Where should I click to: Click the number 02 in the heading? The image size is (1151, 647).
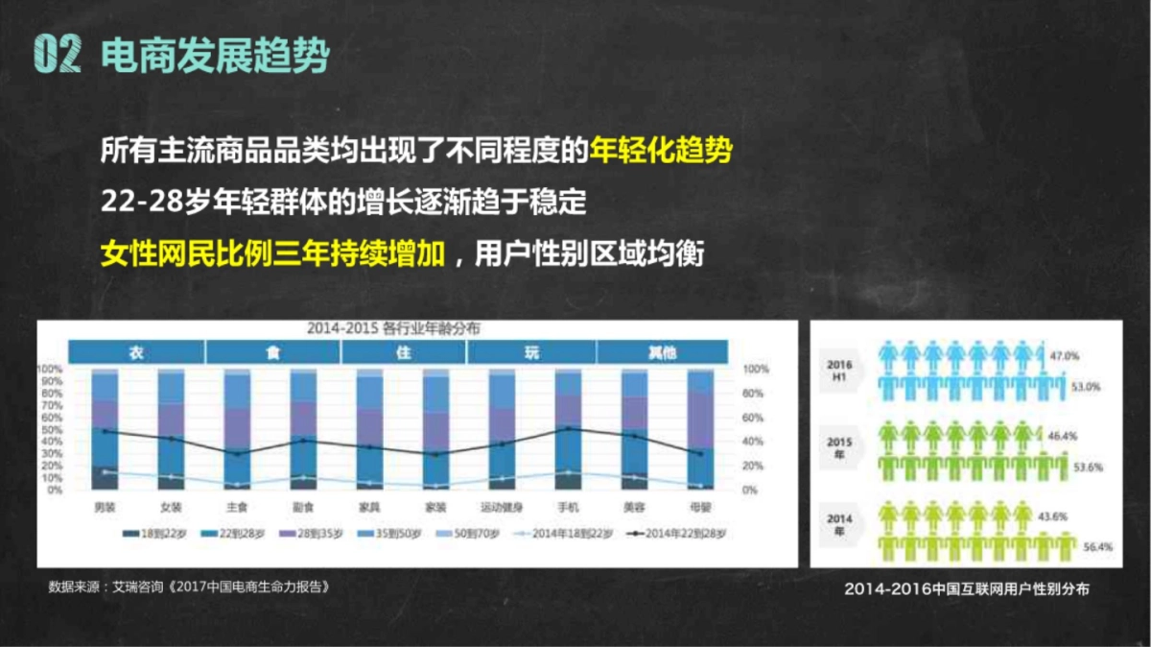pyautogui.click(x=55, y=56)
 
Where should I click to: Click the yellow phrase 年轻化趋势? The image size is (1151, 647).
pyautogui.click(x=662, y=152)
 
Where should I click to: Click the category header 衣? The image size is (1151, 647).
pyautogui.click(x=137, y=352)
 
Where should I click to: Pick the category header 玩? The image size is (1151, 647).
pyautogui.click(x=531, y=352)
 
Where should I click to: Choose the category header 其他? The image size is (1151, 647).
pyautogui.click(x=661, y=352)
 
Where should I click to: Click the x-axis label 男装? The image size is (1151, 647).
pyautogui.click(x=105, y=506)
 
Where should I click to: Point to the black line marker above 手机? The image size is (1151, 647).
pyautogui.click(x=569, y=429)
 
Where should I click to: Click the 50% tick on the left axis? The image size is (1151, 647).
pyautogui.click(x=50, y=429)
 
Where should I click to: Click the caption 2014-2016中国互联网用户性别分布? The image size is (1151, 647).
pyautogui.click(x=967, y=589)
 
